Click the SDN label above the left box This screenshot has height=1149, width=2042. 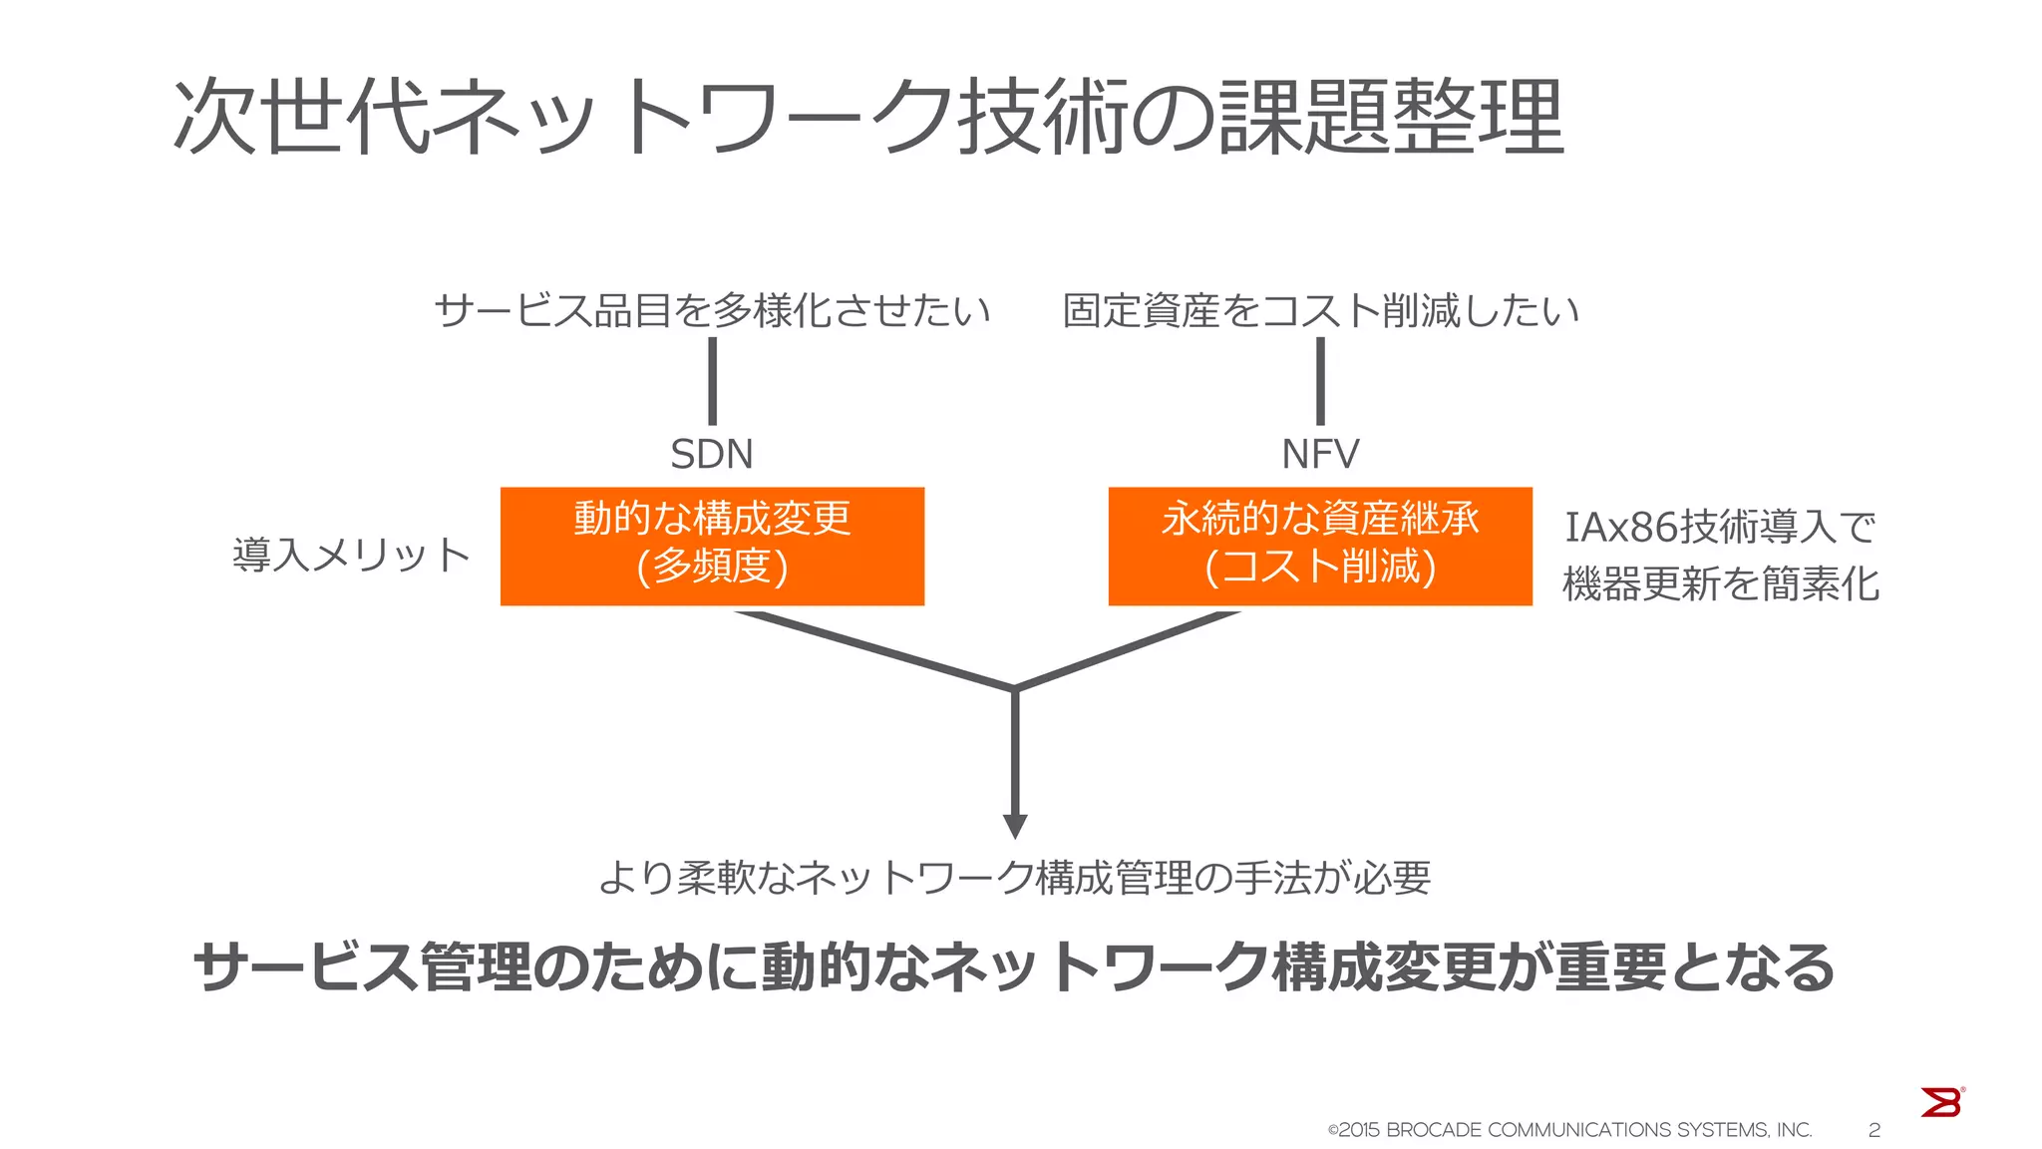[711, 455]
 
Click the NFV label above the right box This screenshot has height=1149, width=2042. [1319, 455]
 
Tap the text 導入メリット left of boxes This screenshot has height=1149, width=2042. [351, 555]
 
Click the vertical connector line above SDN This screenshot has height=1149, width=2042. [712, 381]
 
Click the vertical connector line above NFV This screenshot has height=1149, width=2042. [1320, 381]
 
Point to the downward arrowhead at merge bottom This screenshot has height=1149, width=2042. [1015, 826]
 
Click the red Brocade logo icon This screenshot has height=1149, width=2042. [1941, 1102]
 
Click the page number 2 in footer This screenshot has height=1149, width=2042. [1874, 1130]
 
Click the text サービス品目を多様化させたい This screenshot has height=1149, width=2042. [712, 311]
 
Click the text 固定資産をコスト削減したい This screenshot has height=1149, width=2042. [1320, 311]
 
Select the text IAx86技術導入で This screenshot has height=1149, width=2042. [1720, 527]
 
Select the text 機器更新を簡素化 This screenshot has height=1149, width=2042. [1720, 584]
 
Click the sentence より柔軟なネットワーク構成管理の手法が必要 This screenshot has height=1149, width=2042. [1015, 878]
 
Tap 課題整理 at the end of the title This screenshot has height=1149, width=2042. [1391, 118]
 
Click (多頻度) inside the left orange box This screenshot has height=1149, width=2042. [712, 567]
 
